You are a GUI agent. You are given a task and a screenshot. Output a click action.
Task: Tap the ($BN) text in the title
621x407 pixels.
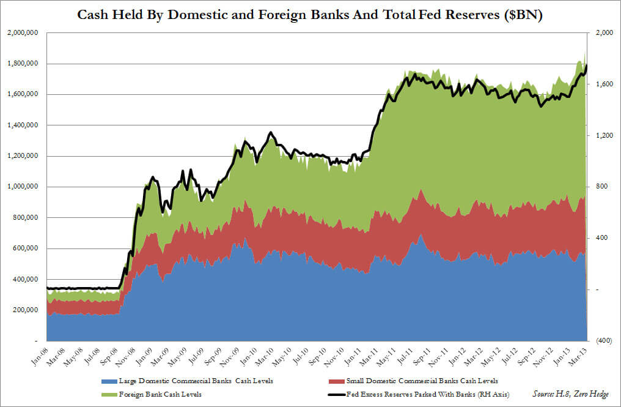(x=521, y=13)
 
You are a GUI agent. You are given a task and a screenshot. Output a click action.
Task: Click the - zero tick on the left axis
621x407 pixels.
(x=35, y=341)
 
